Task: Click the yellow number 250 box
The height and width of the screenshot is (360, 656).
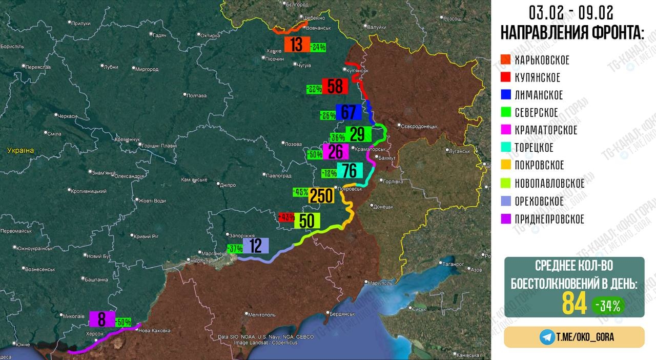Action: point(321,195)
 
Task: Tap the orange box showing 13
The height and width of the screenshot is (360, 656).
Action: point(297,45)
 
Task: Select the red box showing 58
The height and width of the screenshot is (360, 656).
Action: point(335,86)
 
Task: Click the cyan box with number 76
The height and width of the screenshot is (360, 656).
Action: point(350,170)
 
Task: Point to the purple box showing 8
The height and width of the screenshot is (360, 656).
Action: point(101,319)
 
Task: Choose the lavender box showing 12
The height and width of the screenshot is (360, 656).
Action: point(255,246)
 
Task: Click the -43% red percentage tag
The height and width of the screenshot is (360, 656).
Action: point(286,217)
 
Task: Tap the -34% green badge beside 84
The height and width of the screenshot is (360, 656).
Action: point(608,306)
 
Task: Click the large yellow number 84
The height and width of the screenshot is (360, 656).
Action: point(574,304)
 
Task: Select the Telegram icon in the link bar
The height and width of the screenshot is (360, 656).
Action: point(547,337)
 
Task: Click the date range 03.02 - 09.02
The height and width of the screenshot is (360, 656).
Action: point(571,12)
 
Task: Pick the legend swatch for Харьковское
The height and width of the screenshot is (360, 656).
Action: point(505,60)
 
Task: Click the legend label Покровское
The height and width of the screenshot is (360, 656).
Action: point(539,165)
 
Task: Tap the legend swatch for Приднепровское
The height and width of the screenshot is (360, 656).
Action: point(505,219)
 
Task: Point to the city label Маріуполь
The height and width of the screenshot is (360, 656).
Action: point(380,283)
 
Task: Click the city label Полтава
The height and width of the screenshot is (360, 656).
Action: point(196,95)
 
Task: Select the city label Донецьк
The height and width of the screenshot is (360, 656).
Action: point(383,207)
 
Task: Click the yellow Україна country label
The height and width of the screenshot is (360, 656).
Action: point(20,150)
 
